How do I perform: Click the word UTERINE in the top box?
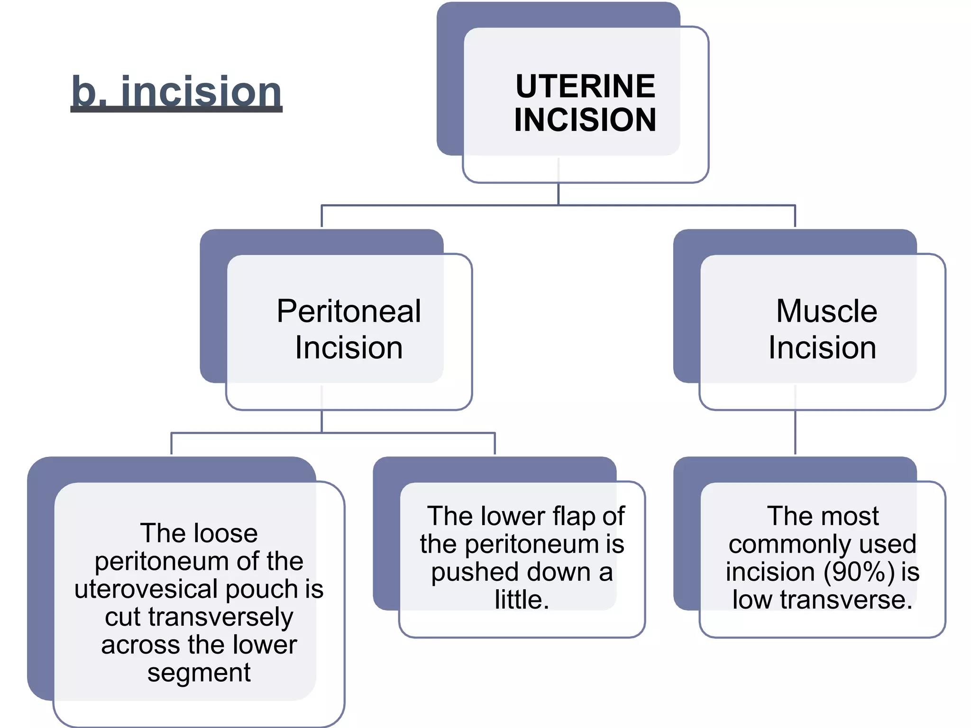coord(585,86)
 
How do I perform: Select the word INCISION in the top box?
coord(585,119)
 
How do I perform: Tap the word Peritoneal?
coord(348,311)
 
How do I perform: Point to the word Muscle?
coord(826,311)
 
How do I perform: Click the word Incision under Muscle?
coord(822,347)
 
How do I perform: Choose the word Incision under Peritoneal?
coord(348,347)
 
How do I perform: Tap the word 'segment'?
coord(199,672)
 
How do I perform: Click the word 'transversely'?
coord(220,617)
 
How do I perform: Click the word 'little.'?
coord(522,600)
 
